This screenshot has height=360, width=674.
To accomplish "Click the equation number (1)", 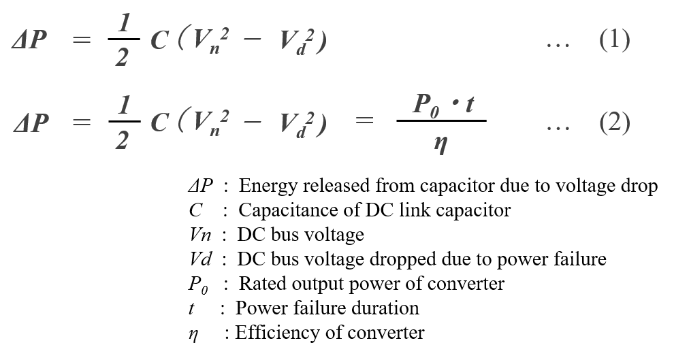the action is (x=615, y=40).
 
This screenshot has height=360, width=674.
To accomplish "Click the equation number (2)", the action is (x=615, y=122).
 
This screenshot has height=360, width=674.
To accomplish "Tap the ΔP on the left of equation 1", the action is (x=29, y=39).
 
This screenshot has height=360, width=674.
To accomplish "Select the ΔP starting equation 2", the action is (x=30, y=122).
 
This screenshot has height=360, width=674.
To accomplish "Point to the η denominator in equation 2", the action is (x=440, y=144).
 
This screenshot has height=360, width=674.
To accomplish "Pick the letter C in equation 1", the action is (x=159, y=40).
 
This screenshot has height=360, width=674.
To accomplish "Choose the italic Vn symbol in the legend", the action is (x=200, y=235).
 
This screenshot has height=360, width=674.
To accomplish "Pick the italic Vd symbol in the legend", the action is (x=200, y=259).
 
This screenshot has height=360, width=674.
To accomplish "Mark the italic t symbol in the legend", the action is (x=191, y=308).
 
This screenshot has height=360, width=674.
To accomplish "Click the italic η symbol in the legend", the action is (x=193, y=334).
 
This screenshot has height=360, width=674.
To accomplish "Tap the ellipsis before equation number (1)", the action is (x=558, y=45).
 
